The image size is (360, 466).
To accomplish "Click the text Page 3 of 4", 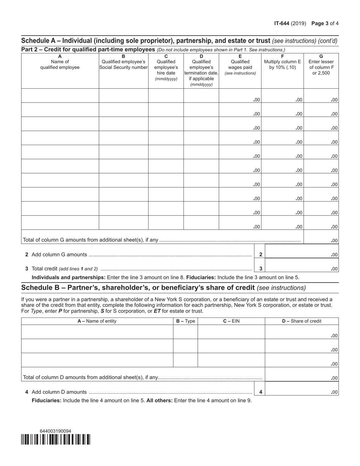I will (325, 23).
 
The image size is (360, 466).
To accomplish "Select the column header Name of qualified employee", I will (60, 64).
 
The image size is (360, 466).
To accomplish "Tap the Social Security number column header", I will (123, 64).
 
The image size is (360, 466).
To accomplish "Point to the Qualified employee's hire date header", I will (166, 67).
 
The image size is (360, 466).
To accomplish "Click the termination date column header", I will (201, 70).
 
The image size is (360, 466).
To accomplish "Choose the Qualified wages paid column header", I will (240, 64).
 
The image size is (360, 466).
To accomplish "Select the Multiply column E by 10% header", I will (282, 64).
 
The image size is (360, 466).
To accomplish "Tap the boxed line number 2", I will (261, 255).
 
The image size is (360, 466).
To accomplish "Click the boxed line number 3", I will (261, 269).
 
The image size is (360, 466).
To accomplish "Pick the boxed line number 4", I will (261, 392).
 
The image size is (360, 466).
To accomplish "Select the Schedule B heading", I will (163, 288).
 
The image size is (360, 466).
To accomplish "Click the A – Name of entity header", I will (97, 321).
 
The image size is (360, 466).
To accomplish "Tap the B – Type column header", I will (185, 321).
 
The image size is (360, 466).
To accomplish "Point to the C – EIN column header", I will (231, 321).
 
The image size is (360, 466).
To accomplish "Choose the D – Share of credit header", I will (302, 321).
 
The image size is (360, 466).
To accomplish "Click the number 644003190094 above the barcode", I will (55, 431).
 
